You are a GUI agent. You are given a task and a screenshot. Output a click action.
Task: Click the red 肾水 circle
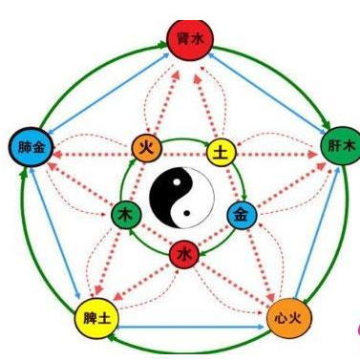pos(190,39)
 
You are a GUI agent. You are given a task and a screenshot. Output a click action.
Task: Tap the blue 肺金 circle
pos(32,147)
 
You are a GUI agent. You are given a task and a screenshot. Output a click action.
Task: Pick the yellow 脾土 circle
pos(97,318)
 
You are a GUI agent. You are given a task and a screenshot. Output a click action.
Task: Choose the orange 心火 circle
pos(288,318)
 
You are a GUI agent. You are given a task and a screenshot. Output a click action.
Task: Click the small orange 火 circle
pos(147,149)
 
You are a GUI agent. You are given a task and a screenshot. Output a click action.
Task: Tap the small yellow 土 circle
pos(222,154)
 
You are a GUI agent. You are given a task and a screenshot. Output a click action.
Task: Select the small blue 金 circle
pos(242,216)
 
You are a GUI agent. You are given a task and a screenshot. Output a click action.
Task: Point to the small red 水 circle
pos(184,254)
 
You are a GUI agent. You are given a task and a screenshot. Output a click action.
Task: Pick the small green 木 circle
pos(126,215)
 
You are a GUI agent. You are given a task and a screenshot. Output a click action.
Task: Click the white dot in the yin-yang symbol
pos(176,182)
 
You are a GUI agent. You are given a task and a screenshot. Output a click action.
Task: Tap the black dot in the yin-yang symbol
pos(187,213)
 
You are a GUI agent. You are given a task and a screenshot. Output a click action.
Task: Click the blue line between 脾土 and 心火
pos(191,327)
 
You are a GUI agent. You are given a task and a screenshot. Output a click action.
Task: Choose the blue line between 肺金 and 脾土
pos(54,233)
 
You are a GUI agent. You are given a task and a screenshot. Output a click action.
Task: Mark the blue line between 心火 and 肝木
pos(317,233)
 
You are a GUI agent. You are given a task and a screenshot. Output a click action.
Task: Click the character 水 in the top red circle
pos(198,40)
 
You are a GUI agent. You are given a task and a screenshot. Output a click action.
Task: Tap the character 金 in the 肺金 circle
pos(39,147)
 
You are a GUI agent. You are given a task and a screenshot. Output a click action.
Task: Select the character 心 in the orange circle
pos(281,318)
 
